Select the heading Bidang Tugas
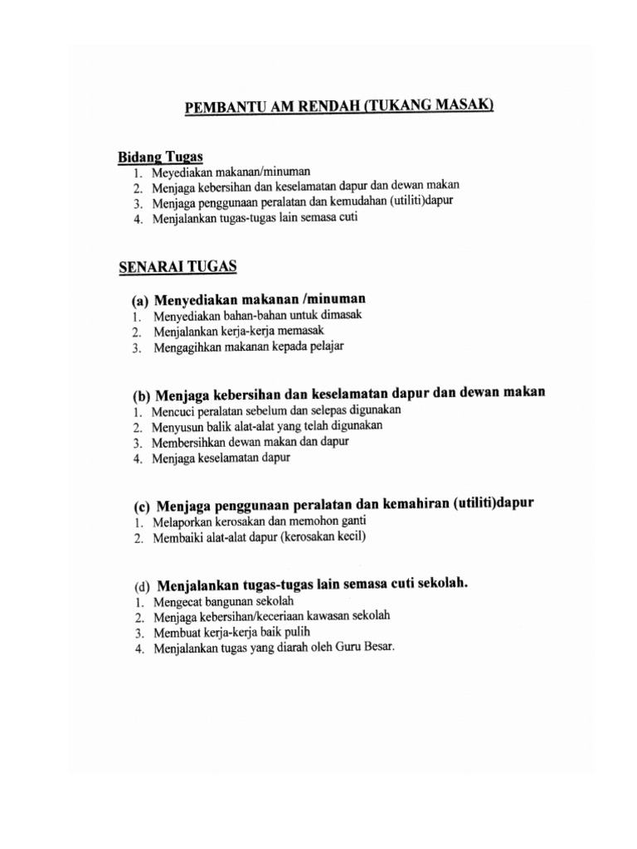[160, 158]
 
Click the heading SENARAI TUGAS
[178, 266]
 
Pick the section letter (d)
[142, 585]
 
